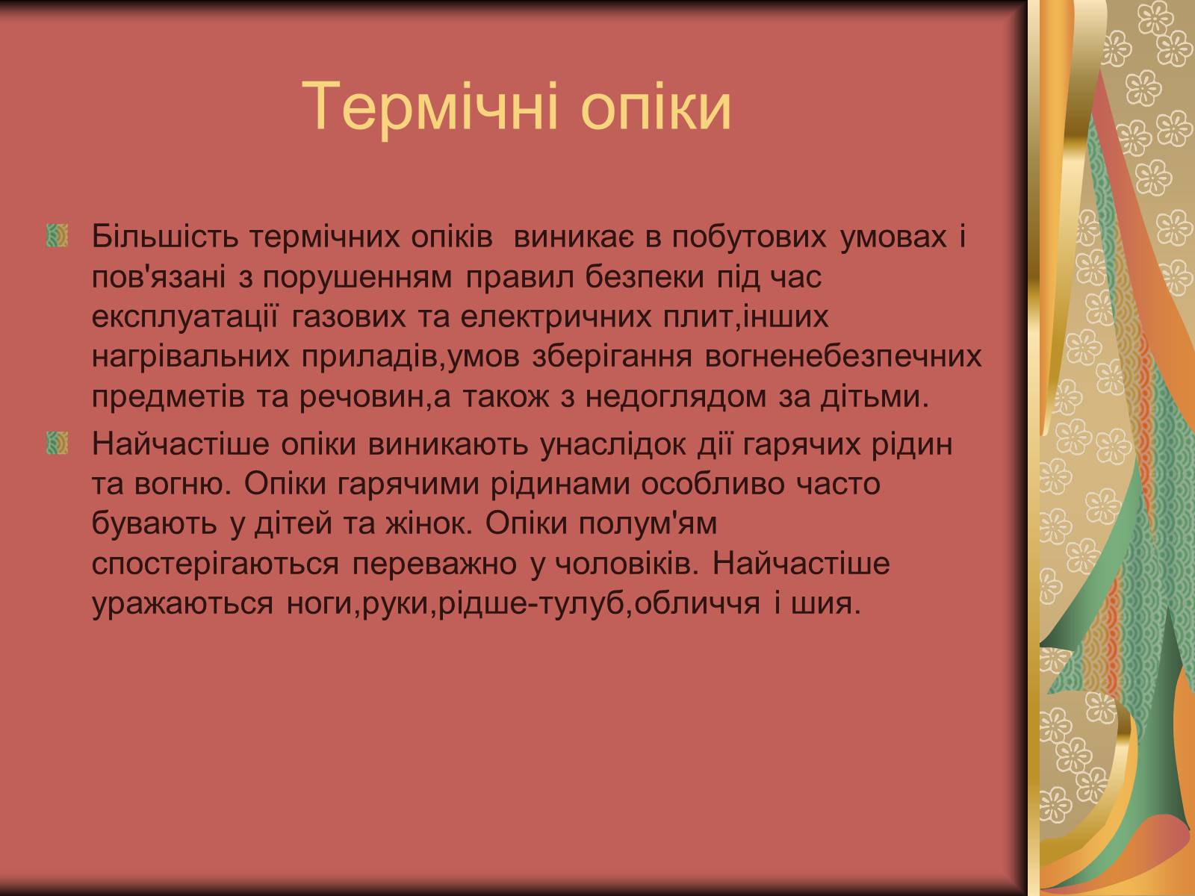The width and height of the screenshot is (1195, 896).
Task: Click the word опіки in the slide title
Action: [x=656, y=107]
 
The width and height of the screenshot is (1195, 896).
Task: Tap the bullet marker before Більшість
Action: [x=58, y=235]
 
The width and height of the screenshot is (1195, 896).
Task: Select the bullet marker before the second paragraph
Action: [x=58, y=443]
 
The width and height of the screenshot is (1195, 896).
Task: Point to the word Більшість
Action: [x=165, y=237]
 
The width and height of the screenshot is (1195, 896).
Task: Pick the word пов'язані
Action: [x=158, y=277]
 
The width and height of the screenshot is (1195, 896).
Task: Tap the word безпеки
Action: [x=645, y=277]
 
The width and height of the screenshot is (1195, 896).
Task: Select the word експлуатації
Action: [x=184, y=317]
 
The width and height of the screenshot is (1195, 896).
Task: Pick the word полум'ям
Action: [x=648, y=524]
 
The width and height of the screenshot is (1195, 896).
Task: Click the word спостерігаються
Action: [x=215, y=564]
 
